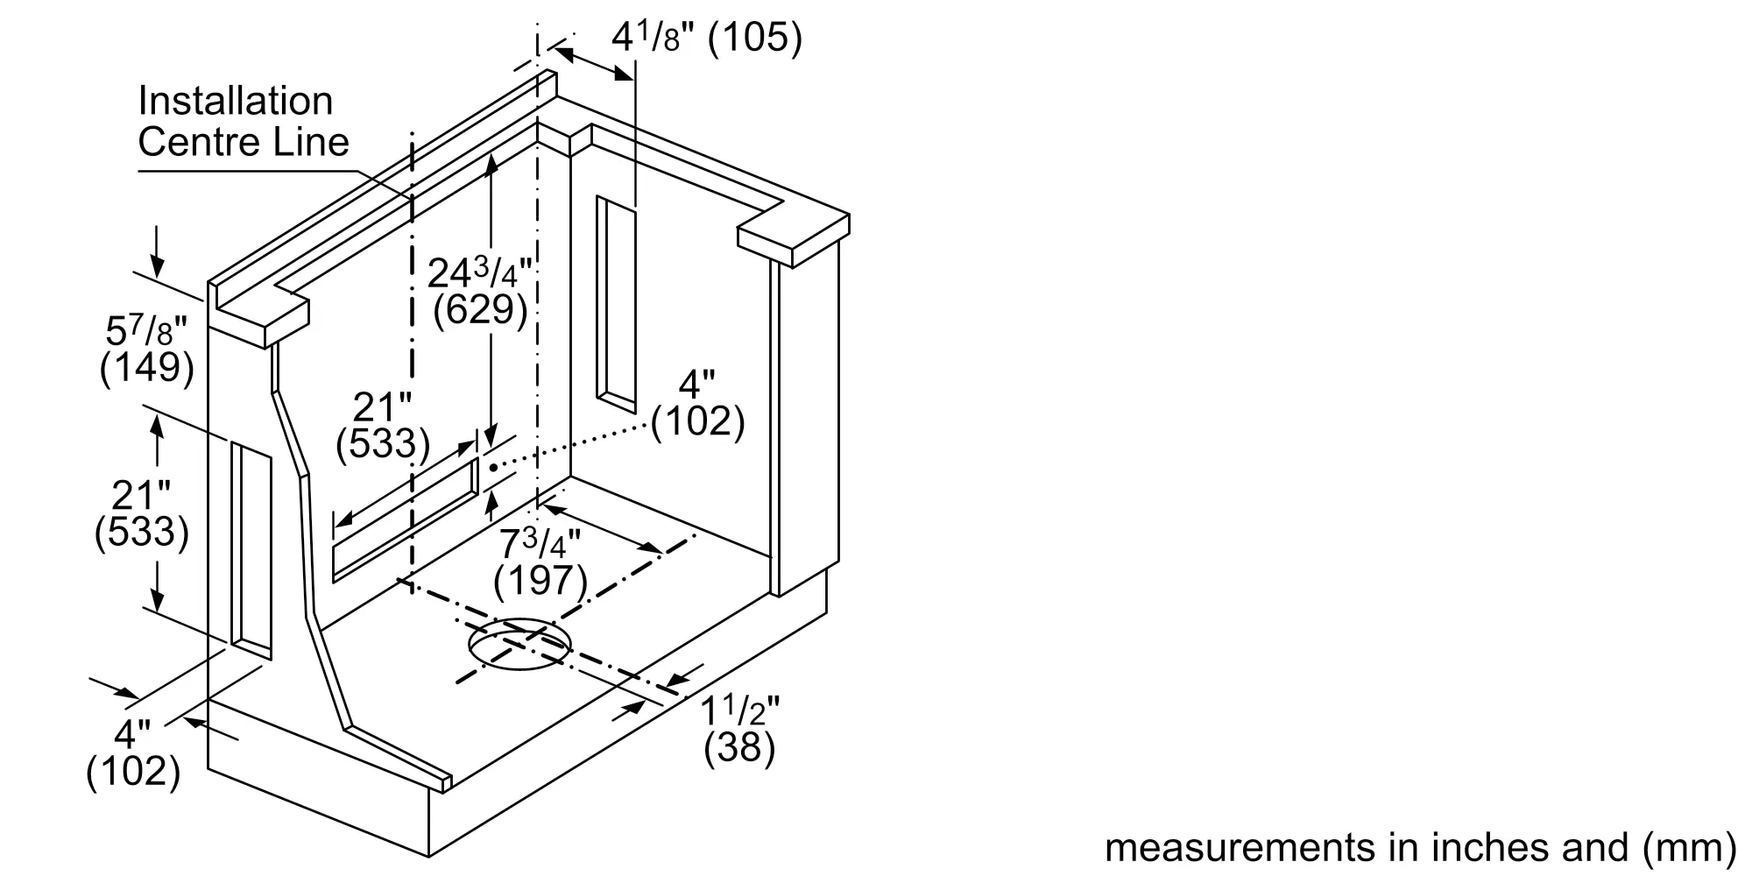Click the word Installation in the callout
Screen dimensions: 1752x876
click(236, 101)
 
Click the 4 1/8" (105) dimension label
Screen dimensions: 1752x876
click(706, 38)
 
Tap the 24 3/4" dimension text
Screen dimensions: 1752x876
click(479, 272)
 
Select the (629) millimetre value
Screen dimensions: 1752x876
click(481, 310)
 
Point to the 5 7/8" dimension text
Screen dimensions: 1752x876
click(146, 331)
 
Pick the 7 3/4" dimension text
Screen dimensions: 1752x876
click(540, 544)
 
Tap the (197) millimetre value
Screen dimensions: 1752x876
click(540, 580)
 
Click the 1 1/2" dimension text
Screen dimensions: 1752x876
click(739, 711)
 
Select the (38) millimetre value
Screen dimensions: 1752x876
click(740, 748)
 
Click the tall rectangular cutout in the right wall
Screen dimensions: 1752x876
click(616, 304)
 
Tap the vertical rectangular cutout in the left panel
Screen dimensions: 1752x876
click(251, 551)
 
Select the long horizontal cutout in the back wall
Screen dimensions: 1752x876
click(406, 519)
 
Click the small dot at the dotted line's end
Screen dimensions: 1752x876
click(493, 468)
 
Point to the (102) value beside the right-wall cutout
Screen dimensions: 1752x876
click(697, 422)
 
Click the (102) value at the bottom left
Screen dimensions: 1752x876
click(133, 772)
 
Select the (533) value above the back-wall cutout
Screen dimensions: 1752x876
click(383, 444)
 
